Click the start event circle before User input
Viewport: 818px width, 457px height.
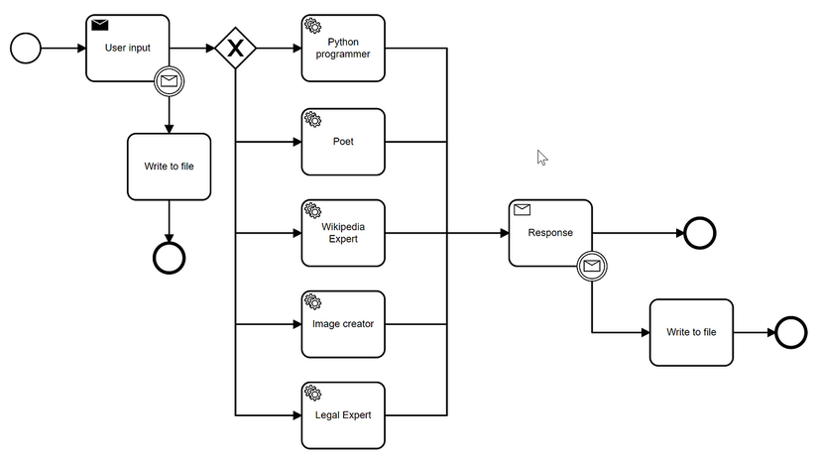26,48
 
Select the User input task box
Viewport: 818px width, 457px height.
127,48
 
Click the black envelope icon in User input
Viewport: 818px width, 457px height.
100,25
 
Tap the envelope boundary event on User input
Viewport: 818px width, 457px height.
169,81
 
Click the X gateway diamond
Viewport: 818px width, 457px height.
236,48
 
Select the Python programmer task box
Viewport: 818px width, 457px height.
343,48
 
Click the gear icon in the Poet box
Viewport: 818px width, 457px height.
312,119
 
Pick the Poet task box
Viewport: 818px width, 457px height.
343,141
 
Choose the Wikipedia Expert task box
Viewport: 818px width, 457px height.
343,233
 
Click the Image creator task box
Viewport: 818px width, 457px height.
343,324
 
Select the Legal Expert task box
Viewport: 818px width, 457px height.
343,414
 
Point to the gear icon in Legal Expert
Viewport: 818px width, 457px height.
312,393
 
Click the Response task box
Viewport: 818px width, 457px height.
550,233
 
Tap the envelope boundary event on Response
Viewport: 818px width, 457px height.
592,266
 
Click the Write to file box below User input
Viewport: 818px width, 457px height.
169,167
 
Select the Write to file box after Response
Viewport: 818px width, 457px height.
691,332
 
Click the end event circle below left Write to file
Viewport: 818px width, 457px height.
169,257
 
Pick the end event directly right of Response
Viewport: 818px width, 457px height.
699,233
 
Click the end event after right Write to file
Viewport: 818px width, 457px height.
791,332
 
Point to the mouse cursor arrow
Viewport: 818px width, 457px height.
541,157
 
